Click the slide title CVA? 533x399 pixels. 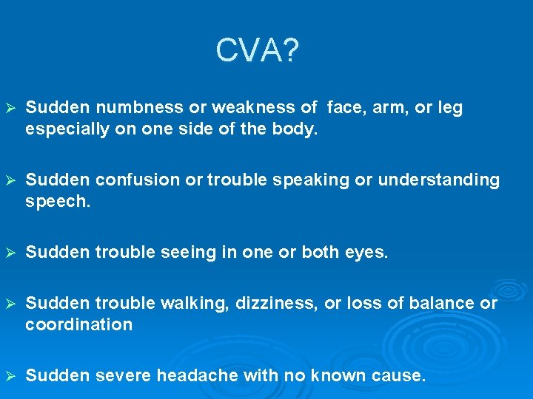click(x=258, y=51)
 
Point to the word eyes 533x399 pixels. click(x=366, y=253)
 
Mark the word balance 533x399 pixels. click(x=445, y=304)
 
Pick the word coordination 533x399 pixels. click(x=79, y=324)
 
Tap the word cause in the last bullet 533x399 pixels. click(x=400, y=375)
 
